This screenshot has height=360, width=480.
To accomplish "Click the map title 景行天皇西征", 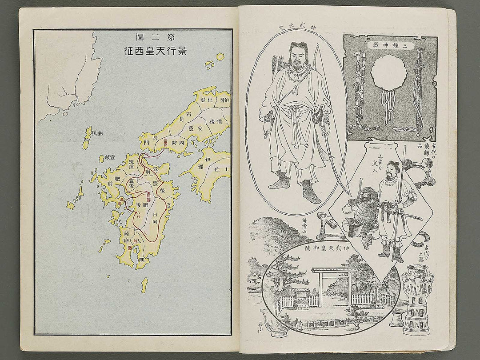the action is (155, 50).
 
